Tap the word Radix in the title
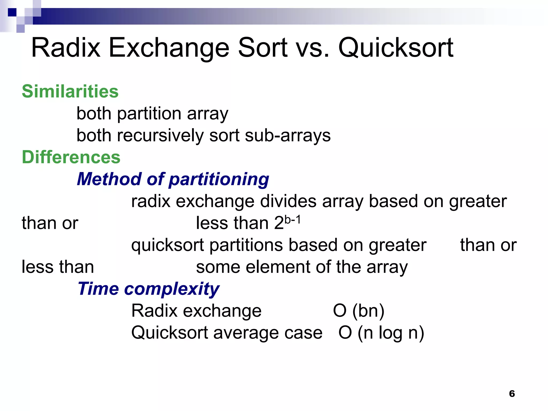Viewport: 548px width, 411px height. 66,48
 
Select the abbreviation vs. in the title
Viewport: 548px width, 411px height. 311,48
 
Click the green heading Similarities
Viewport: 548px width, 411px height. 70,92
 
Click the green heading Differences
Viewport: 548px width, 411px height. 71,157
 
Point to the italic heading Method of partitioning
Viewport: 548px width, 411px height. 173,179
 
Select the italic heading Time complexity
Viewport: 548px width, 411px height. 149,289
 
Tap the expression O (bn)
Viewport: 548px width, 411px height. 359,311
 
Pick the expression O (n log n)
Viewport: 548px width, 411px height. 381,333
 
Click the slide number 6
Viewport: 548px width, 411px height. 512,394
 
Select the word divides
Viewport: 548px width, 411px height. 288,201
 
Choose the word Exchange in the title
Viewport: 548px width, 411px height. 169,48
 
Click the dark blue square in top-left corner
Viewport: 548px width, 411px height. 12,12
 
